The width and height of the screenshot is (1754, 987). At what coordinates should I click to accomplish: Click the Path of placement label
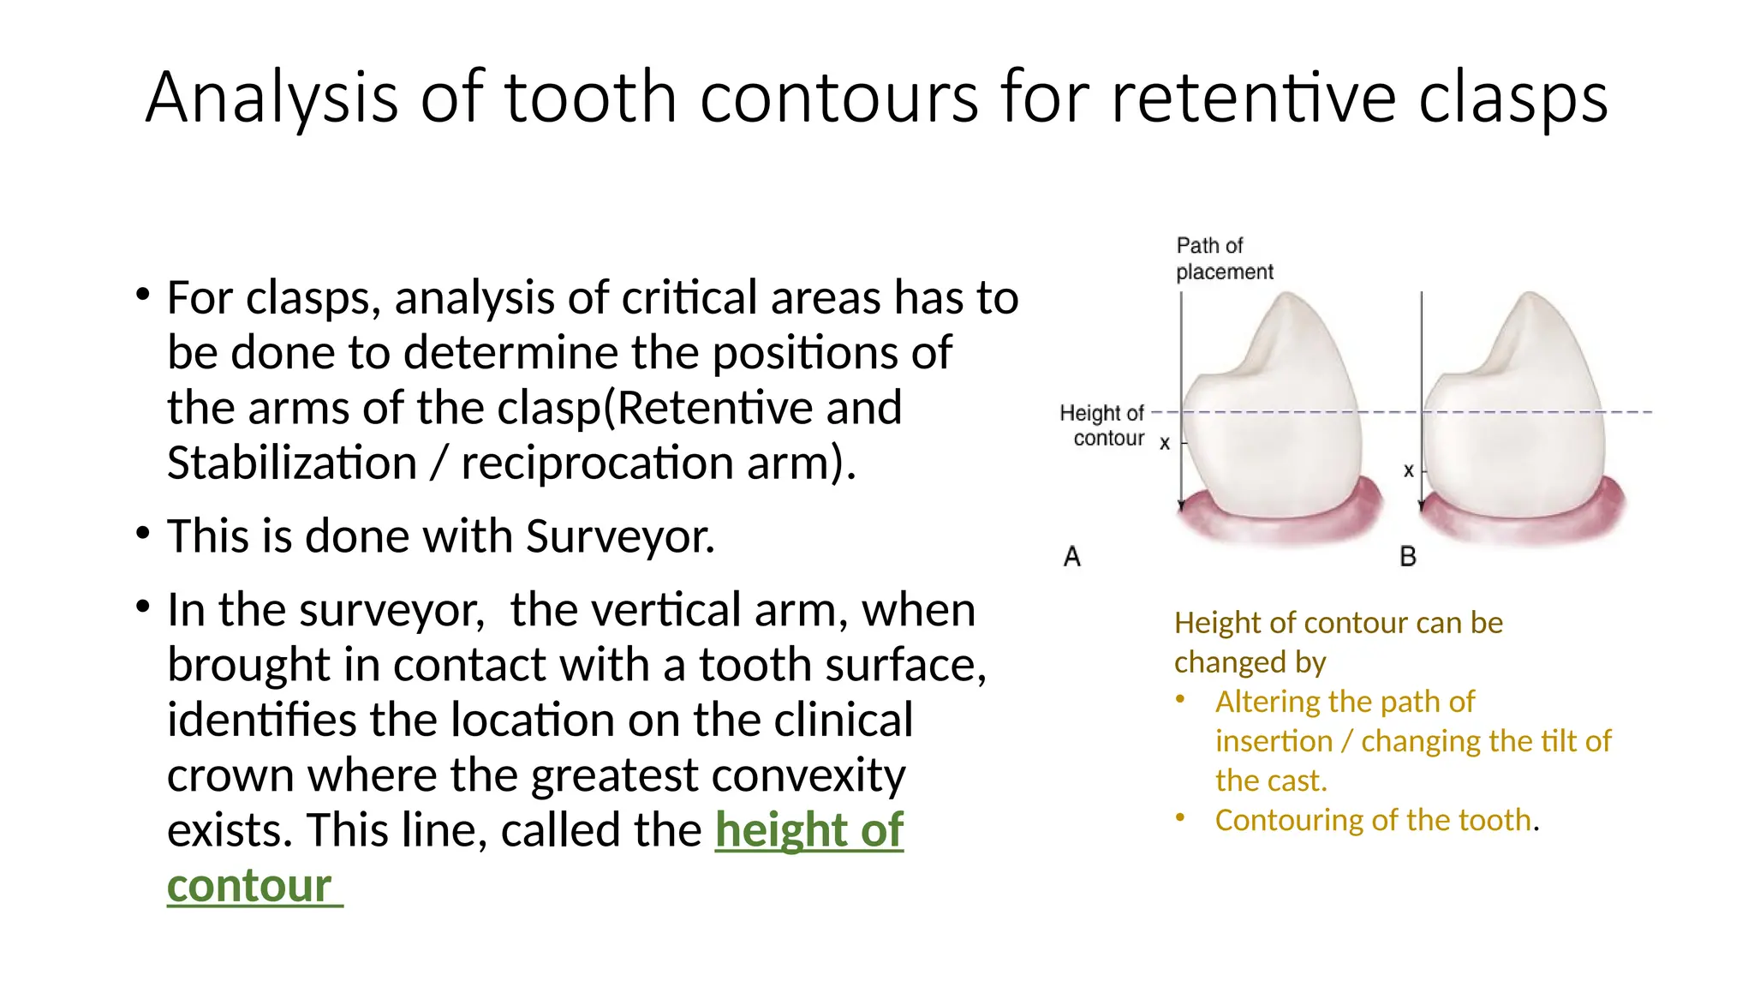coord(1223,259)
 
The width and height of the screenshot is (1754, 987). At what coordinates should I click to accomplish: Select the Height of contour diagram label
coord(1102,426)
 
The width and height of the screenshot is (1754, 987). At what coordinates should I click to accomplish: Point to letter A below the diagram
coord(1071,557)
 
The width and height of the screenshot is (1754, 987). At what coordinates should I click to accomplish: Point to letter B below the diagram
coord(1407,557)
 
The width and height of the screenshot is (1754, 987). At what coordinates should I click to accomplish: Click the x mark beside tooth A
coord(1164,444)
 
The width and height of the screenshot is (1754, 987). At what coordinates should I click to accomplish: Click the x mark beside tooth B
coord(1408,470)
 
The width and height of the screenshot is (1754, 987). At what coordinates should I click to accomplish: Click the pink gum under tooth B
coord(1524,524)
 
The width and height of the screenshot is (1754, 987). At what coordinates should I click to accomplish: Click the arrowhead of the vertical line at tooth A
coord(1181,505)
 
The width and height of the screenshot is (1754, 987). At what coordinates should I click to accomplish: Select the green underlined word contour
coord(249,885)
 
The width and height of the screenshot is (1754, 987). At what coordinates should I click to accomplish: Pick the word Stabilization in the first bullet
coord(291,463)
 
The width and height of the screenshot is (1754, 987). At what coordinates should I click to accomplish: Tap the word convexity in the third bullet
coord(808,775)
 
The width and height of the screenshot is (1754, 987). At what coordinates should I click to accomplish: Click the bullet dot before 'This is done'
coord(143,534)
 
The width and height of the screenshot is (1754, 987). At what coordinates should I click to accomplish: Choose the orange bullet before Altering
coord(1180,699)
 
